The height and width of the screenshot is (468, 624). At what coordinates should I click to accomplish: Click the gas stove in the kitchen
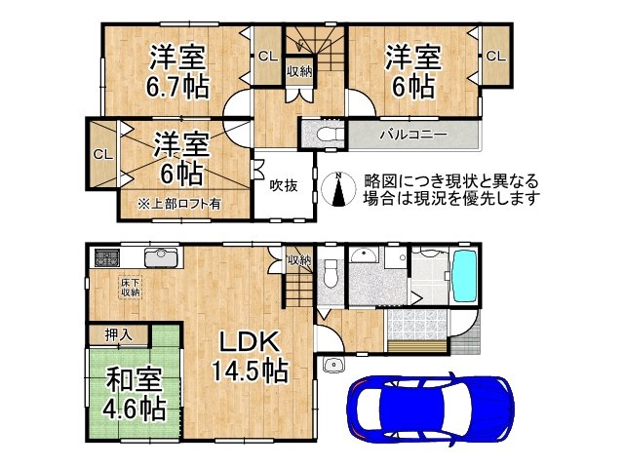106,258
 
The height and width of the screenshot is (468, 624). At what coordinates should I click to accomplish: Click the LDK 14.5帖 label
249,356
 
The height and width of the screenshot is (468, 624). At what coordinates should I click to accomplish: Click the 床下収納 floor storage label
130,287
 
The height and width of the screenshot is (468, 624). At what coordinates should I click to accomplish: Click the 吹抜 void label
283,184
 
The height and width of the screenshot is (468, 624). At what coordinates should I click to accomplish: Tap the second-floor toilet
323,133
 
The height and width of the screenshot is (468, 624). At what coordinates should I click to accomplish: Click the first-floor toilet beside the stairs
331,272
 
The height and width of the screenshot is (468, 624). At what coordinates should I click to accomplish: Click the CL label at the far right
495,57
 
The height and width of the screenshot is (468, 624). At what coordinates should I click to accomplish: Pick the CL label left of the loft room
101,154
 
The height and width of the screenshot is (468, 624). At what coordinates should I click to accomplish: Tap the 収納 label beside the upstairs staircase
298,71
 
